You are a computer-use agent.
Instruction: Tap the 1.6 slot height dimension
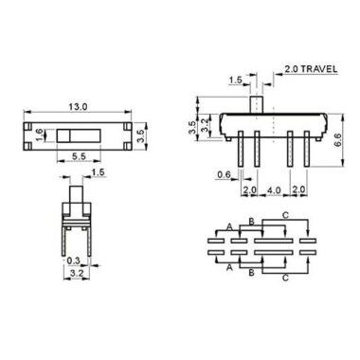[39, 135]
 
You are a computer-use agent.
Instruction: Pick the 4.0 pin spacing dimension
[273, 192]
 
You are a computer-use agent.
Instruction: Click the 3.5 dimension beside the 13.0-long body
[141, 134]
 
